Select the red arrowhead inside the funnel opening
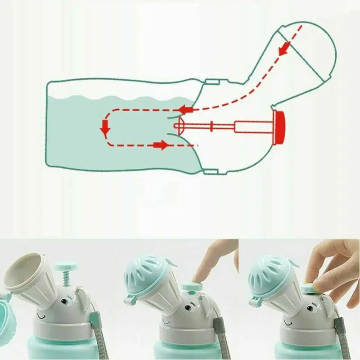pos(283,48)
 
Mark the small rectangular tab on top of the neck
pos(211,82)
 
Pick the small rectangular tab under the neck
pos(211,171)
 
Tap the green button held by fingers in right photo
pos(310,287)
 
